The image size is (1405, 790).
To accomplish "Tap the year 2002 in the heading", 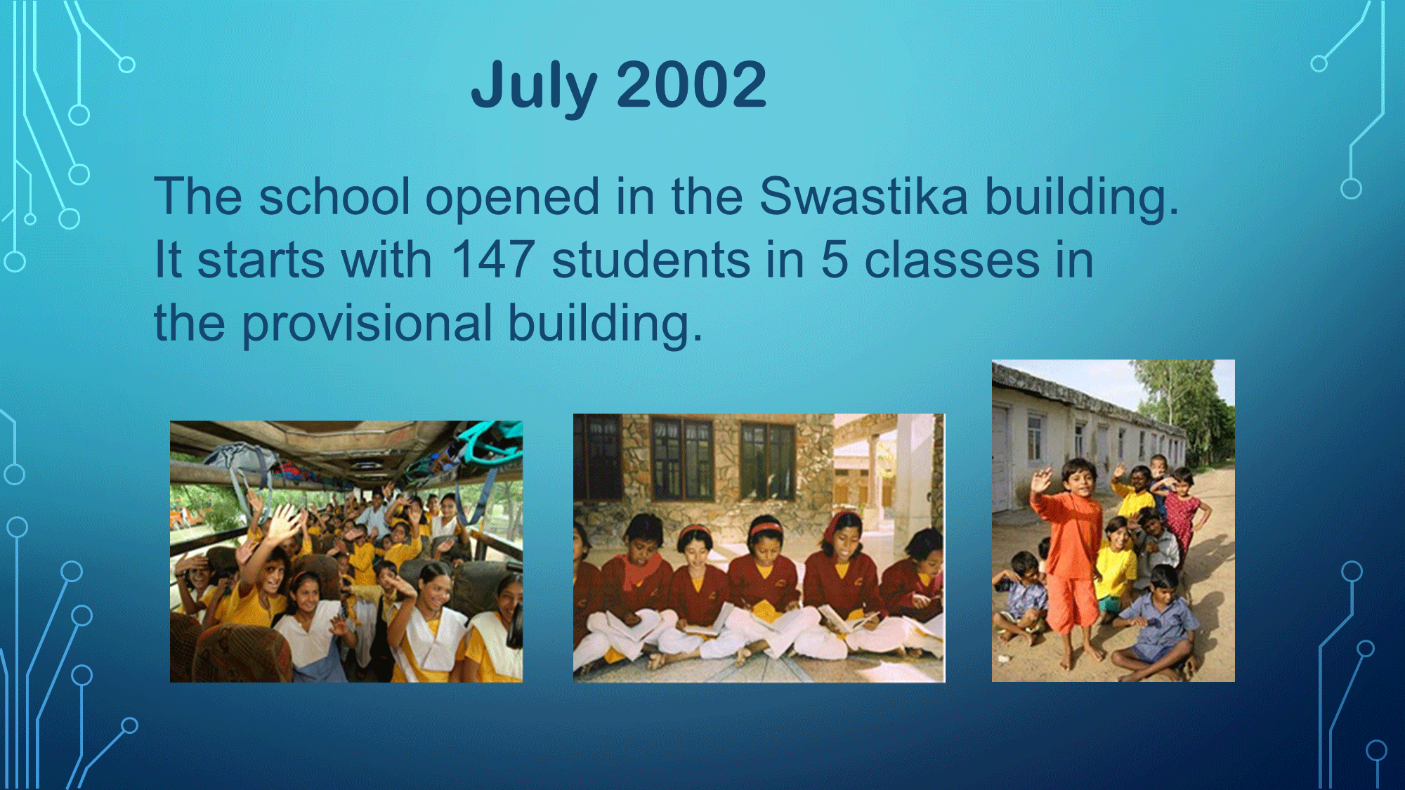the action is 691,84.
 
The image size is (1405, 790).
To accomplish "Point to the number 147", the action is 492,259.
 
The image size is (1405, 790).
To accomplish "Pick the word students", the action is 651,259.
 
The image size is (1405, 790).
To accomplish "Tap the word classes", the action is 951,260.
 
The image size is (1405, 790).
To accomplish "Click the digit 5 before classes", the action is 834,260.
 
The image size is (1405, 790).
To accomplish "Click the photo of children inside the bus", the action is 346,551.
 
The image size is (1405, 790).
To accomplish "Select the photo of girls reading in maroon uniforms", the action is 759,548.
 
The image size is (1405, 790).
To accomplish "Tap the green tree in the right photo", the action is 1187,407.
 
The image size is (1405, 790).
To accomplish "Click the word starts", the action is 314,260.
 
